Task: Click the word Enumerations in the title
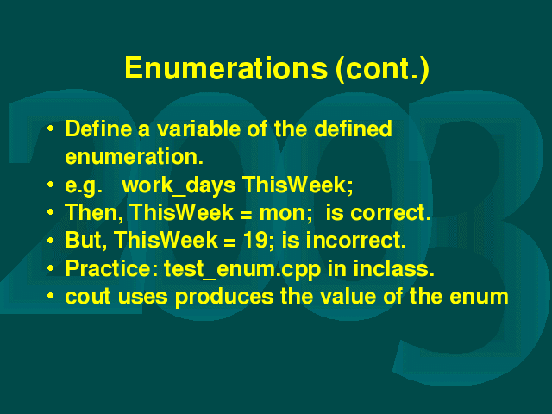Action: click(226, 67)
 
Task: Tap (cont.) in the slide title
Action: click(382, 69)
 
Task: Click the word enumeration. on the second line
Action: click(135, 157)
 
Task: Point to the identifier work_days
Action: click(179, 185)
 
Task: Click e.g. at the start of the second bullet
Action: click(84, 186)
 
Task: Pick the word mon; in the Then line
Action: click(285, 214)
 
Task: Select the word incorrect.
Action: click(356, 241)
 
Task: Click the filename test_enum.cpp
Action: click(242, 270)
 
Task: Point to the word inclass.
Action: click(393, 268)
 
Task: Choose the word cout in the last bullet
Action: click(88, 297)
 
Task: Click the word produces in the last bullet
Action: click(224, 298)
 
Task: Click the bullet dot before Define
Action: click(51, 129)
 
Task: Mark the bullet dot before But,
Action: click(51, 241)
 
